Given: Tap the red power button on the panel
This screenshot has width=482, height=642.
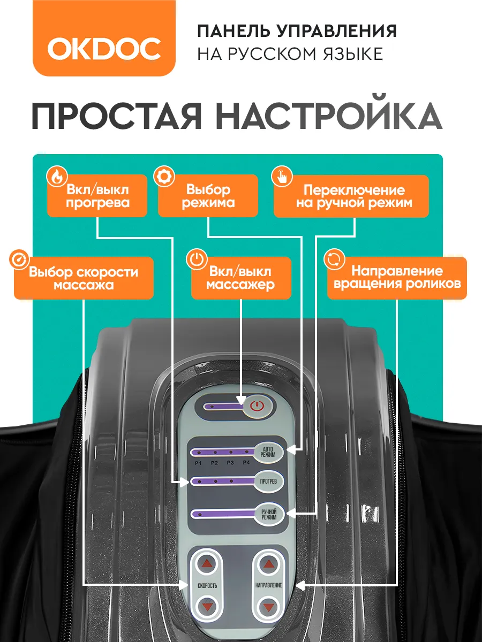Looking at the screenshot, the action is (x=257, y=406).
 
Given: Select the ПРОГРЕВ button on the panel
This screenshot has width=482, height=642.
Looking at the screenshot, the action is (x=268, y=481).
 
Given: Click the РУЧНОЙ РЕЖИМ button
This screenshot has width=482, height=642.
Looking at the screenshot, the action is (x=269, y=515).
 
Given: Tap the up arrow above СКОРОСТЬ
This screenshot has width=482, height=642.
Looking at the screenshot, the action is (x=207, y=563).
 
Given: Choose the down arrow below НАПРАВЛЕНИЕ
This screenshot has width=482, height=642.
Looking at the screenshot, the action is (x=268, y=606).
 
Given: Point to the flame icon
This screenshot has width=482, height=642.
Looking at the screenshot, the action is (x=57, y=177).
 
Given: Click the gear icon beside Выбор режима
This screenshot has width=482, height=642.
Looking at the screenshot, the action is (x=164, y=177).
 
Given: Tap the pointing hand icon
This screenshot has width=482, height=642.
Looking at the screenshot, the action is (x=282, y=177).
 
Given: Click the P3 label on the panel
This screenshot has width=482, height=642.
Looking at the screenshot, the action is (x=230, y=463).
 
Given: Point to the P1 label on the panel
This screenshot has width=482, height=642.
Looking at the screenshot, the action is (x=198, y=463).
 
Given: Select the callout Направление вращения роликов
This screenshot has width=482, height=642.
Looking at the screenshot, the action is (x=397, y=278).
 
